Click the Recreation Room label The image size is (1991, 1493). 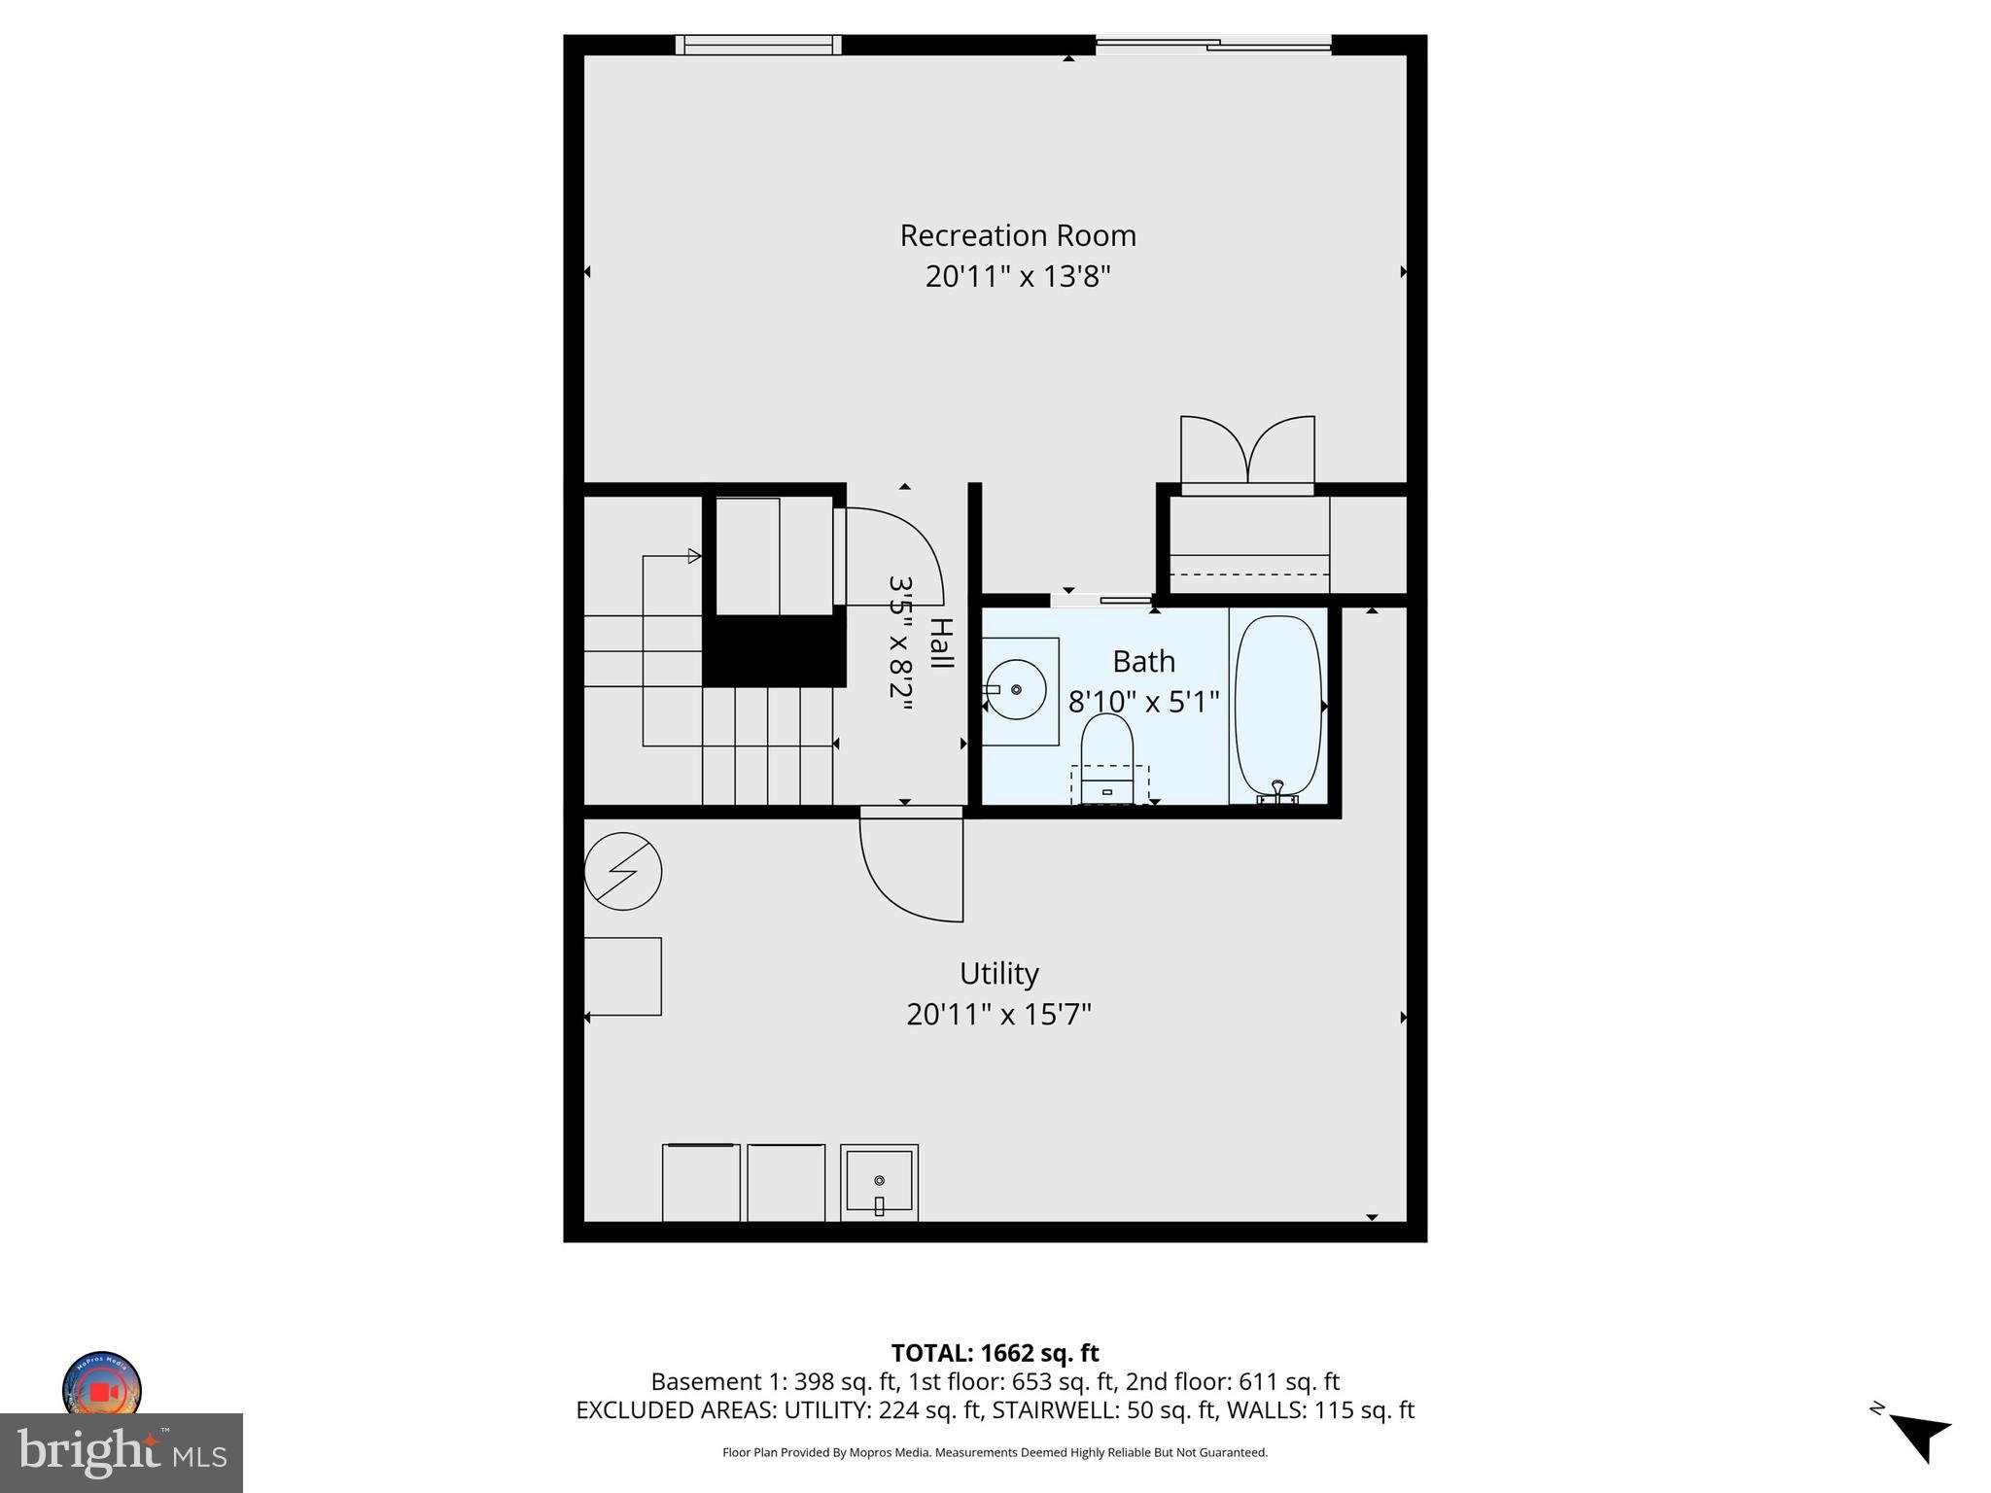click(1017, 235)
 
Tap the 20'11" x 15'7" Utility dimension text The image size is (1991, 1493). click(998, 1015)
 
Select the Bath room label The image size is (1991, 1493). click(1143, 662)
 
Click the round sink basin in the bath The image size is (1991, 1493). click(1016, 689)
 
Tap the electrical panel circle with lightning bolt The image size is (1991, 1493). click(623, 871)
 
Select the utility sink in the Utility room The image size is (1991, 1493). click(879, 1182)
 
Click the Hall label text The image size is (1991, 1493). click(940, 642)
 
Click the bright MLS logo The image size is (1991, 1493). click(122, 1452)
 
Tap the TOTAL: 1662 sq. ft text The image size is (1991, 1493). click(995, 1353)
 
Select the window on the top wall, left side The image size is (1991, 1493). click(758, 45)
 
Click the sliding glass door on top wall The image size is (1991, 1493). click(1212, 44)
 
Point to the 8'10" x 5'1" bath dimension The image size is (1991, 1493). click(1143, 702)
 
